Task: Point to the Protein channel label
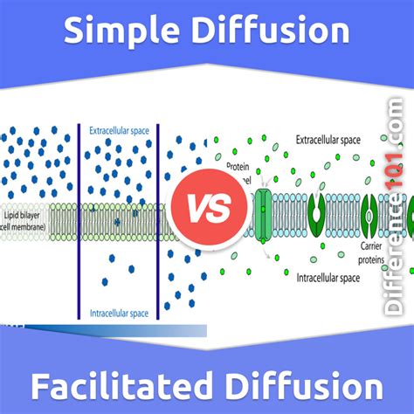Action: pyautogui.click(x=241, y=171)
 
